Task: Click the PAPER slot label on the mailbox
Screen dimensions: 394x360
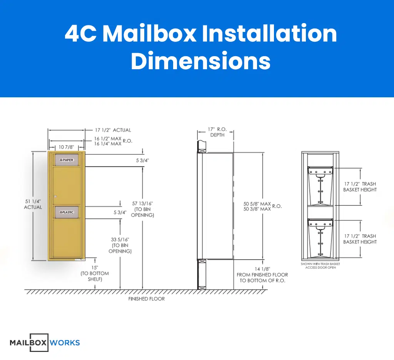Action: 67,160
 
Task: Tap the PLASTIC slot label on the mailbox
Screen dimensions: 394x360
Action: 67,212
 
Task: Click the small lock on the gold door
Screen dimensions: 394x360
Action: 55,197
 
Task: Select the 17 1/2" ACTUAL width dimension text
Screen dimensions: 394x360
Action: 113,130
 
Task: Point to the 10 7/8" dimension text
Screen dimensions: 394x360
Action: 66,147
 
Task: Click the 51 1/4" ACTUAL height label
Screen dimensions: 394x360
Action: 33,204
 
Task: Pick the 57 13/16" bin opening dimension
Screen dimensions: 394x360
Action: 142,209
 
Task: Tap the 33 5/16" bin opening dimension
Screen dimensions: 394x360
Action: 120,245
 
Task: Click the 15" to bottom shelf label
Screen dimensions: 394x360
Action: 95,273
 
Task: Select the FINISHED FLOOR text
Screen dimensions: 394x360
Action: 147,299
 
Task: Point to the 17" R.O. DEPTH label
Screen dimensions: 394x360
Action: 217,132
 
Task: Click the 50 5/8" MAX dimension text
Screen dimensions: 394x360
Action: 257,204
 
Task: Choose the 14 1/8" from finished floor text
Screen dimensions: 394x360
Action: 262,275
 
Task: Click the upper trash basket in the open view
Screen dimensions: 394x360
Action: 321,186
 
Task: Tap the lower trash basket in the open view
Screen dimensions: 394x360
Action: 321,238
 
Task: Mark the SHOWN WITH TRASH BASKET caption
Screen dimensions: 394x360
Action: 321,266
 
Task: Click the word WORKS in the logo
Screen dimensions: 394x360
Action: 65,343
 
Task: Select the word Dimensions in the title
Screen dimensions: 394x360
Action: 201,61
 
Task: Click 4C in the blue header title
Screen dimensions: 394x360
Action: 81,34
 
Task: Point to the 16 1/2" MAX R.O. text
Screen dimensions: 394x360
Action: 113,141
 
